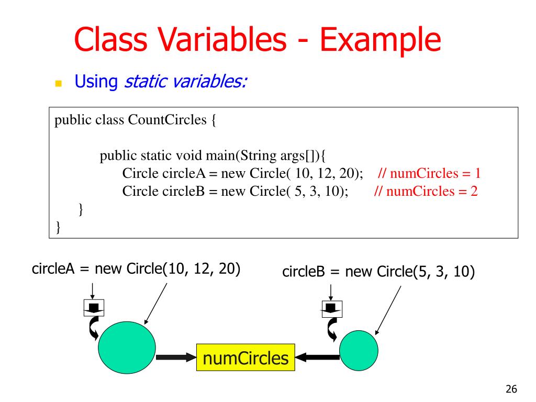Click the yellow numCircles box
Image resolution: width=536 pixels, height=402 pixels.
click(245, 358)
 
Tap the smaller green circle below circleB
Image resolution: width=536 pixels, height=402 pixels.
click(359, 349)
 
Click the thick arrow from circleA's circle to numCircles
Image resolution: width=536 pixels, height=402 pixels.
click(176, 358)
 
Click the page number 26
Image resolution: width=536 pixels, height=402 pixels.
click(511, 388)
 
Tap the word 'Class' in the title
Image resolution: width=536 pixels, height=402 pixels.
click(108, 40)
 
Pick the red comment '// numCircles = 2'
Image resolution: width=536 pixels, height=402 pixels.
click(426, 191)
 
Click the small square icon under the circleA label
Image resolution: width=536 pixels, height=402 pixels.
click(94, 308)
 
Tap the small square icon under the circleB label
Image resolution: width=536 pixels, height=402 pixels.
click(331, 308)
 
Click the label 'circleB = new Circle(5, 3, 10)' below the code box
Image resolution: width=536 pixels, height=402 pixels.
click(378, 272)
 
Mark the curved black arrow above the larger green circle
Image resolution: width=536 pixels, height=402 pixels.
click(94, 328)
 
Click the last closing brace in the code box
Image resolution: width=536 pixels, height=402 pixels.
click(58, 227)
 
